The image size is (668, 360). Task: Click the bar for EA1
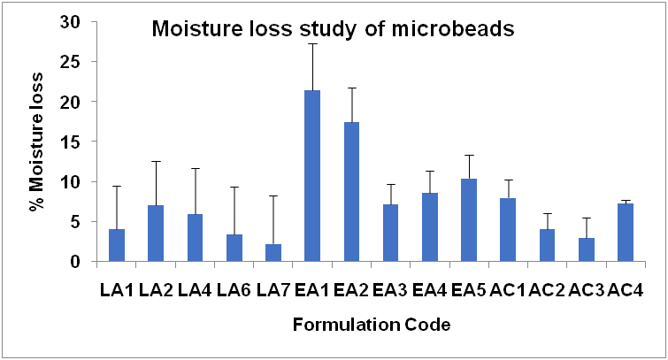coord(312,176)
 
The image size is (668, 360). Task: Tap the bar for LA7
coord(273,253)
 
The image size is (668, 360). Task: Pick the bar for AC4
coord(625,233)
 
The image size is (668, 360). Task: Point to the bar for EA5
coord(469,220)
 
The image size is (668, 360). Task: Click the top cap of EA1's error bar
coord(312,43)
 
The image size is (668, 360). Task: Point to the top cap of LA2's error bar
coord(156,161)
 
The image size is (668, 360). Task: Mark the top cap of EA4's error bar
coord(429,171)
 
